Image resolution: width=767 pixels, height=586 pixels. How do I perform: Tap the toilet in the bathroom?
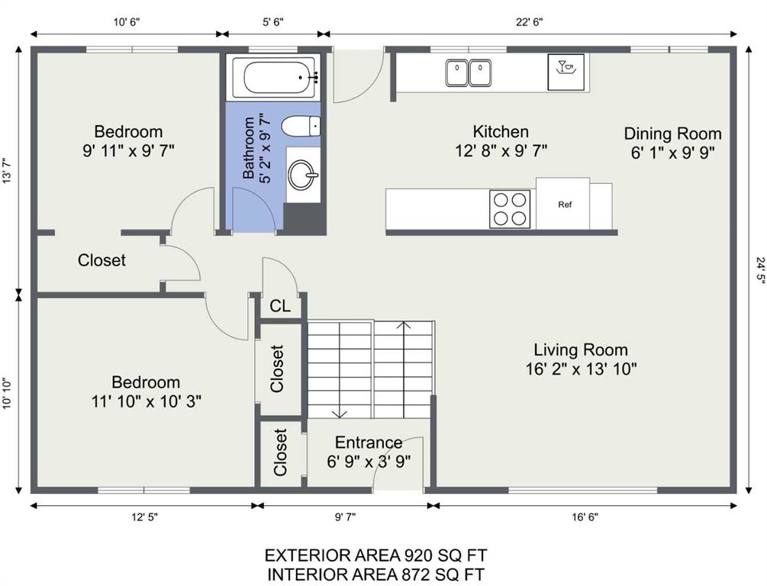[x=301, y=126]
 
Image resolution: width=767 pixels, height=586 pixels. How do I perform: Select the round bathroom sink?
[x=303, y=175]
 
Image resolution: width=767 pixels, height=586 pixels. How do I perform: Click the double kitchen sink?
[x=469, y=72]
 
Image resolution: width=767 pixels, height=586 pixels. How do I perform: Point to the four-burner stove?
[x=510, y=208]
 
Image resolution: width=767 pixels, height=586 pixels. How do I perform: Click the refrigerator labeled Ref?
[x=562, y=204]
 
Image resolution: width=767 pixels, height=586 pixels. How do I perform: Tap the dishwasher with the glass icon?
[x=566, y=72]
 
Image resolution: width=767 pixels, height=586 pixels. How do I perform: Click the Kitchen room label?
[x=501, y=131]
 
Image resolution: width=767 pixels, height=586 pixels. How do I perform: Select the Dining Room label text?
[x=672, y=134]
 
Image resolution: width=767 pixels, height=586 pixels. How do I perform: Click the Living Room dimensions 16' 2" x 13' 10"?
[x=581, y=369]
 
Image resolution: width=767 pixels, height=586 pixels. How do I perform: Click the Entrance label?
[x=369, y=443]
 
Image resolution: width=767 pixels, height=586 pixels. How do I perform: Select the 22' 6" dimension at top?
[x=530, y=22]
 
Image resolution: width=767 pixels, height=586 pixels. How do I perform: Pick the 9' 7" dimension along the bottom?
[x=346, y=517]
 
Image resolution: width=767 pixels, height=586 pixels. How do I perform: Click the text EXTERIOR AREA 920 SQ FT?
[x=375, y=555]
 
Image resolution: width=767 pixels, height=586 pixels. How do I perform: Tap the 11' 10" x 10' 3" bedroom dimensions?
[x=147, y=401]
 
